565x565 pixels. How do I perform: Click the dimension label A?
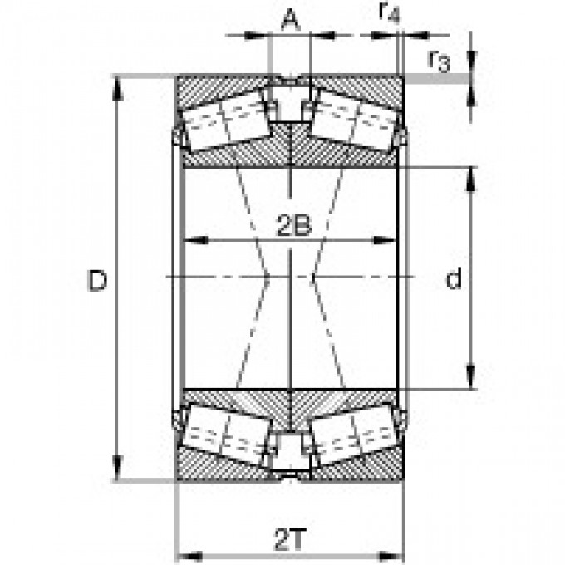[x=289, y=19]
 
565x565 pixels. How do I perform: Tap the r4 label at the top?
[x=387, y=12]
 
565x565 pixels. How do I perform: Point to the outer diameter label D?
[x=98, y=282]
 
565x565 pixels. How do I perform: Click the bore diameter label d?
[x=453, y=280]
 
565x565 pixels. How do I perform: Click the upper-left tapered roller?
[x=227, y=120]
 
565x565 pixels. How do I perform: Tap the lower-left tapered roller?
[x=227, y=434]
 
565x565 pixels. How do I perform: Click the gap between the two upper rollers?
[x=290, y=103]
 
